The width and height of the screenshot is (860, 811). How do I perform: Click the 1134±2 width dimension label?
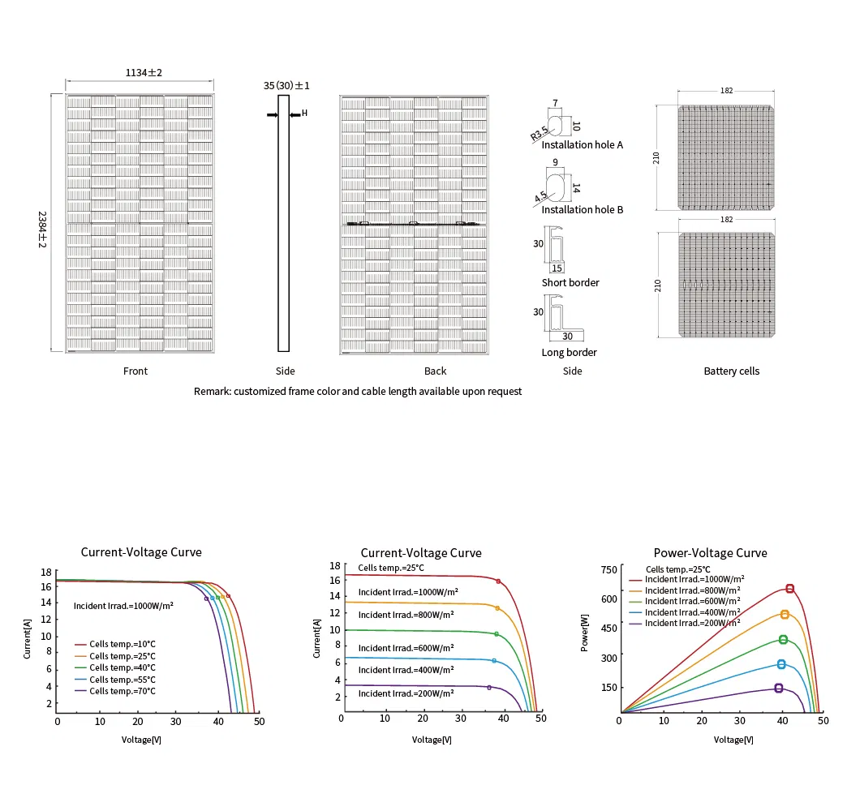pos(144,73)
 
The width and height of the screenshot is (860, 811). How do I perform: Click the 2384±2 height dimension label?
pos(42,230)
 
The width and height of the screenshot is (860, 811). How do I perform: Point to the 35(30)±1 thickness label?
pos(286,85)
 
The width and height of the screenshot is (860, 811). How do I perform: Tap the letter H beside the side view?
pos(304,113)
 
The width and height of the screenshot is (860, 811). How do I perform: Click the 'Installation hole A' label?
pos(582,144)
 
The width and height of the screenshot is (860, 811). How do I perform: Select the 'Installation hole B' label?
pos(582,209)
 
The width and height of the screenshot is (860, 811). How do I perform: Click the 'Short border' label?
pos(570,282)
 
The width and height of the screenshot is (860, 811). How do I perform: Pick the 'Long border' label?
pos(569,353)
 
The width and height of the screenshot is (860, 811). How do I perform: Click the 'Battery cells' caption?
pos(732,371)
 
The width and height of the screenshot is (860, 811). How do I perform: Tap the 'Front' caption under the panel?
pos(135,371)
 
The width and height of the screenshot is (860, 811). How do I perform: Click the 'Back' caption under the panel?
pos(436,371)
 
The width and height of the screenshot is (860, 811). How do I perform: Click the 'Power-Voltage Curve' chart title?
pos(710,553)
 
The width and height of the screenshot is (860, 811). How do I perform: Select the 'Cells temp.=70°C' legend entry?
pos(123,692)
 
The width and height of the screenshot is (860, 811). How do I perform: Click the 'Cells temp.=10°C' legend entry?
pos(123,644)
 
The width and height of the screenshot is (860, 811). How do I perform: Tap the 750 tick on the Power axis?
pos(608,570)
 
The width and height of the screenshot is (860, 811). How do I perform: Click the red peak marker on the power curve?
pos(789,588)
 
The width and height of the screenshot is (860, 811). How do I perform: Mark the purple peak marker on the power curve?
pos(779,688)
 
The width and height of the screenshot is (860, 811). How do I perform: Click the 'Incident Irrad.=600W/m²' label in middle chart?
pos(406,648)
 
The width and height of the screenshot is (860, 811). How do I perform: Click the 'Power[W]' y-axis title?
pos(585,633)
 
